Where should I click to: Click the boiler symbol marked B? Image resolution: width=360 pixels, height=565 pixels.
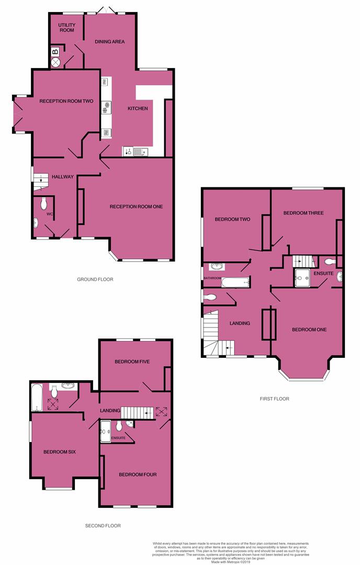click(x=55, y=51)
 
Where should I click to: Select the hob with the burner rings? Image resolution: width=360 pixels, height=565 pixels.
click(x=106, y=107)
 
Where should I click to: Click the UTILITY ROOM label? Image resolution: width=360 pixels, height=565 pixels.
click(x=67, y=27)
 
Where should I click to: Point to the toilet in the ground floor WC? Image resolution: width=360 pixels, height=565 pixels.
click(x=43, y=202)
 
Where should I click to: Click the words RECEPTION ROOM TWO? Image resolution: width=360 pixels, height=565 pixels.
click(x=66, y=101)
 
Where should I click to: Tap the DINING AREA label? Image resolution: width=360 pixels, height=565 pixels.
click(x=109, y=41)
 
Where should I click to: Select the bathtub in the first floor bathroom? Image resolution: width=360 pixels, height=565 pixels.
click(x=235, y=283)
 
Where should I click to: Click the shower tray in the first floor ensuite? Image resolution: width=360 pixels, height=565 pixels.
click(x=302, y=278)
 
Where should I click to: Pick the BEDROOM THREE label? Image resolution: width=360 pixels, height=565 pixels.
click(x=303, y=213)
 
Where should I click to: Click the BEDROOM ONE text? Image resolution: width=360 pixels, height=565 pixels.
click(x=309, y=330)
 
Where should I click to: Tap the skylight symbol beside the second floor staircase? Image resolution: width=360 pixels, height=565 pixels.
click(x=162, y=411)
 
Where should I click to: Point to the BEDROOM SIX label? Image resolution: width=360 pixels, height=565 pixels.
click(x=60, y=451)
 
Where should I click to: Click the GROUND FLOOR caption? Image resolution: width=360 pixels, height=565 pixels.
click(x=95, y=279)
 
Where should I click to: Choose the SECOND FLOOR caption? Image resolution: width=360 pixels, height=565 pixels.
click(x=103, y=526)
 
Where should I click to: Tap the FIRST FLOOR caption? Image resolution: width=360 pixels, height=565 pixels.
click(x=275, y=399)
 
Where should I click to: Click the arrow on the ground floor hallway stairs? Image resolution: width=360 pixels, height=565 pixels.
click(x=41, y=179)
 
